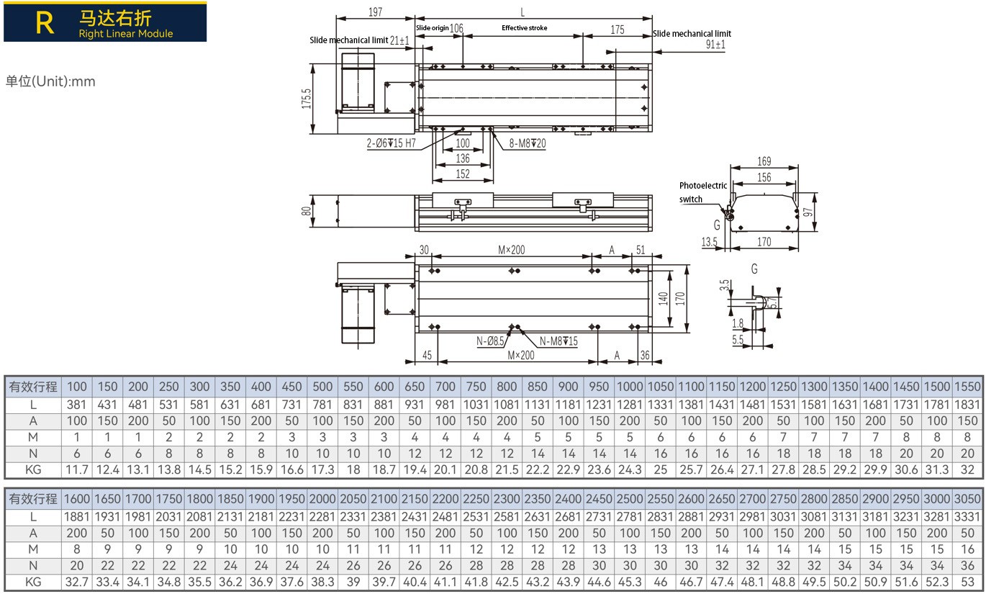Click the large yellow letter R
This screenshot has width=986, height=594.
45,23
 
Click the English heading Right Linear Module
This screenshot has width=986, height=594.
126,33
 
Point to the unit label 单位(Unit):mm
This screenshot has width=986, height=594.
50,81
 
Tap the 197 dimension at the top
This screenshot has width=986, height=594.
376,12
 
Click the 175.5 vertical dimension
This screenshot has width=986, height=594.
307,99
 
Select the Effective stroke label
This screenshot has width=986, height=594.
524,28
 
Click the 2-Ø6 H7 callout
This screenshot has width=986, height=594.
392,143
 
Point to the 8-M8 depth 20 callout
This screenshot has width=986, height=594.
528,143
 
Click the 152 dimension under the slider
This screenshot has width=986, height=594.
463,174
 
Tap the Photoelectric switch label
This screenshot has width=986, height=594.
702,192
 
